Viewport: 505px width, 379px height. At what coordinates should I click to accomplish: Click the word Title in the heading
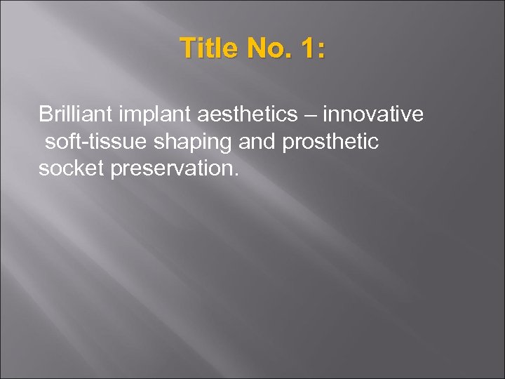pos(207,49)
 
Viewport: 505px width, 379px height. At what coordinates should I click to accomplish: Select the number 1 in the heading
pos(307,49)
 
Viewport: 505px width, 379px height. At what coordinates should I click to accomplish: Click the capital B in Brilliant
pos(45,114)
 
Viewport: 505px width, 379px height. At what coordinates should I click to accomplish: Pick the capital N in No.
pos(255,49)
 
